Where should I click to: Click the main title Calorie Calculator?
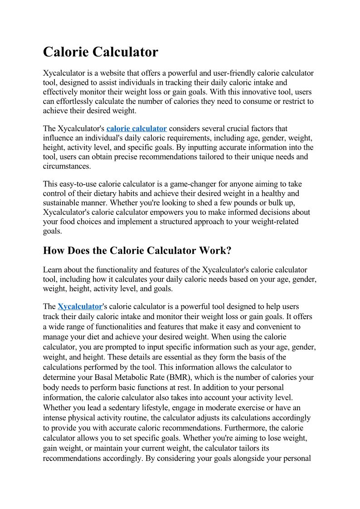[x=100, y=52]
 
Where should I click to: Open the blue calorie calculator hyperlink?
[x=136, y=129]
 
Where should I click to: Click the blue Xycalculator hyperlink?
[x=80, y=307]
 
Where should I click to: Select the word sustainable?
[x=66, y=203]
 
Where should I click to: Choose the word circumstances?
[x=66, y=166]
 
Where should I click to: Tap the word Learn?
[x=53, y=270]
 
